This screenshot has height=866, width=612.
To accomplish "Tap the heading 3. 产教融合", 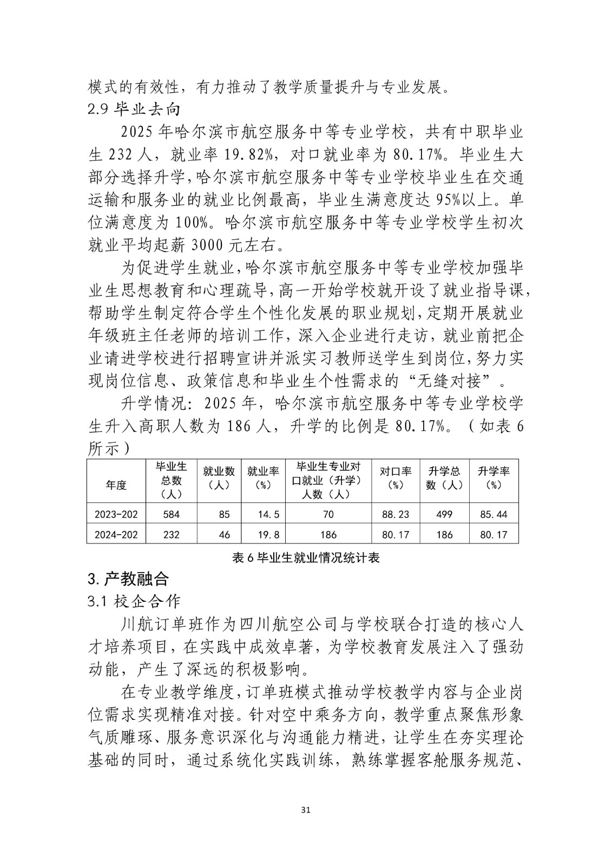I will pos(128,579).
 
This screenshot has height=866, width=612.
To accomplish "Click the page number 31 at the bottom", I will pos(306,810).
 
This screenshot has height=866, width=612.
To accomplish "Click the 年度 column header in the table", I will pos(116,485).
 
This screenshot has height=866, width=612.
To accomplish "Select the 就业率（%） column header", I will pos(262,478).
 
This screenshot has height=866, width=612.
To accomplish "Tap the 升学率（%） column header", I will pos(493,478).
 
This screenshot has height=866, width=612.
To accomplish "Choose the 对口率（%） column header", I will pos(396,478).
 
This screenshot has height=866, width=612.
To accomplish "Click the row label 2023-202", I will pos(116,514).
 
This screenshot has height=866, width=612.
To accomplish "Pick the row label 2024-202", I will pos(116,535).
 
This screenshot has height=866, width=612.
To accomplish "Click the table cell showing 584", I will pos(171,514).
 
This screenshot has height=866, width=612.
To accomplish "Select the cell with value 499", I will pos(444,514).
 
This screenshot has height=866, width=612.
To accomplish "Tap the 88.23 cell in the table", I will pos(396,514).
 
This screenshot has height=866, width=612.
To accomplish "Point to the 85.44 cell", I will pos(493,514).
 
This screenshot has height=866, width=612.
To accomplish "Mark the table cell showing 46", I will pos(224,535).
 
